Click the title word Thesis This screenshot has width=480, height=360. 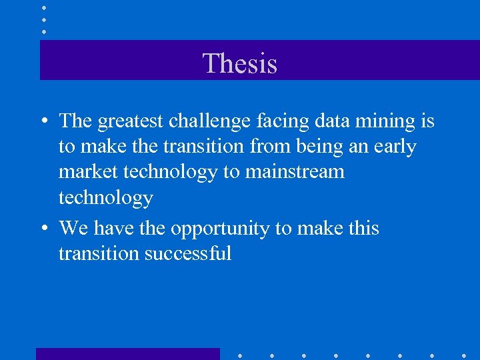(239, 64)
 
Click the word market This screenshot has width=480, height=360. (87, 172)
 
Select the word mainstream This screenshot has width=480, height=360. (295, 172)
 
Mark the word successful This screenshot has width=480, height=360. (187, 253)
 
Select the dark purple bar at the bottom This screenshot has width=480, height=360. (127, 353)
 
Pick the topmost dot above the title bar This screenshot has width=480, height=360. (43, 8)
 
